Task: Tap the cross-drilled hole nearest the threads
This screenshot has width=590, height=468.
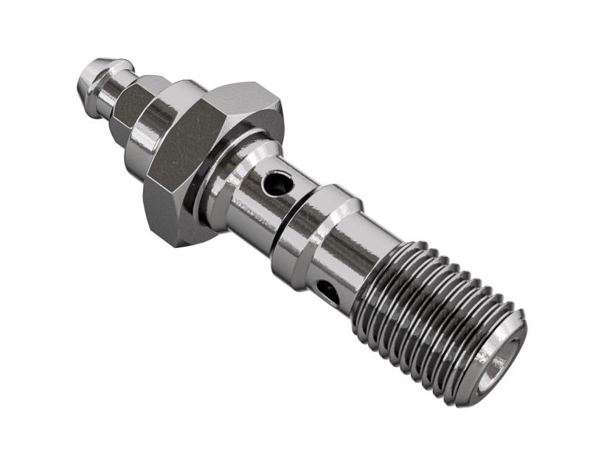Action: click(x=329, y=292)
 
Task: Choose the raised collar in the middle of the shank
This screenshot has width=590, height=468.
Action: click(x=317, y=233)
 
